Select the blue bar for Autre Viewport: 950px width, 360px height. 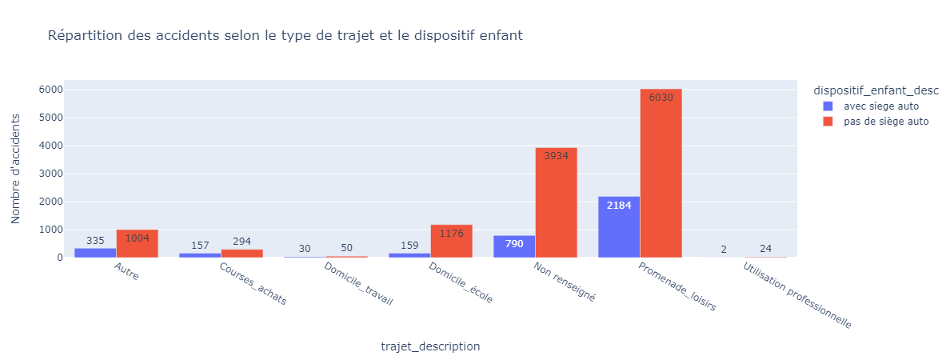(x=95, y=253)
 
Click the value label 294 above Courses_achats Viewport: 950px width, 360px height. (x=241, y=242)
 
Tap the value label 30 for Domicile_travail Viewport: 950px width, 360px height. (x=305, y=249)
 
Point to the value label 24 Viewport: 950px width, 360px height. (x=765, y=249)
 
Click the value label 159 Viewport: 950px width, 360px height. (x=409, y=246)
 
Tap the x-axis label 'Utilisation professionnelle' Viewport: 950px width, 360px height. (x=796, y=296)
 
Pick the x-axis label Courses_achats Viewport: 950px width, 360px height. (x=253, y=284)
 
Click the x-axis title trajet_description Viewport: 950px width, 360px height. (x=430, y=346)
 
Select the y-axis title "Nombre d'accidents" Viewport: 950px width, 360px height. (x=15, y=168)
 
